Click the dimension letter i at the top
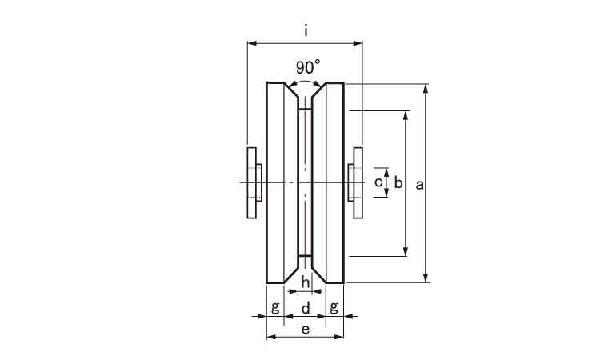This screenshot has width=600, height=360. point(306,30)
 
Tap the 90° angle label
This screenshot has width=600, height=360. point(308,67)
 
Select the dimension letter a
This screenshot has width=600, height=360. point(420,185)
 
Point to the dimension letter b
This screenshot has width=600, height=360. point(398,182)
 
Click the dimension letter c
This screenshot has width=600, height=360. point(378,182)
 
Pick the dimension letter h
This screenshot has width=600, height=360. point(305,282)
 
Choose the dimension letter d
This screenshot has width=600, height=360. point(306,307)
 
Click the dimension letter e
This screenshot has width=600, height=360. point(306,329)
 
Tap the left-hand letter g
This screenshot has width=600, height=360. point(275,307)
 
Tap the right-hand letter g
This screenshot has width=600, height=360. point(334,307)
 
